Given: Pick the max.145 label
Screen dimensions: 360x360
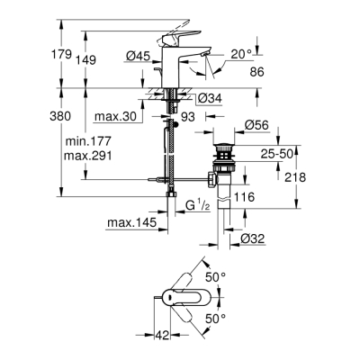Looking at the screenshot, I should click(x=128, y=222).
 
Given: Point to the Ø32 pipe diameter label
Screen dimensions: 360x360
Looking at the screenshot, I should click(x=253, y=239).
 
